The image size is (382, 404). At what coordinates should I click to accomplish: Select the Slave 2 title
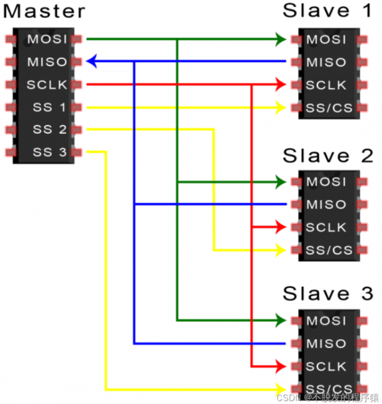tap(328, 156)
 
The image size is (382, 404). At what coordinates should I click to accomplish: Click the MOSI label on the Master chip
tap(47, 39)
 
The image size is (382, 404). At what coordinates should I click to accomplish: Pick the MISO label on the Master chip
tap(47, 62)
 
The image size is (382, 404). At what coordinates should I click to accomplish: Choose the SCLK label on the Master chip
tap(47, 85)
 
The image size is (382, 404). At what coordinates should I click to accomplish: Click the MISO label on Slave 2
tap(326, 204)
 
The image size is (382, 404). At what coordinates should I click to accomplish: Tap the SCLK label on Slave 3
tap(326, 366)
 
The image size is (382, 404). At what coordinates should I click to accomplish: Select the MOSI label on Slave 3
tap(326, 321)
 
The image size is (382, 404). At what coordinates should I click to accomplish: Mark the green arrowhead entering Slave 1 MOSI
tap(281, 39)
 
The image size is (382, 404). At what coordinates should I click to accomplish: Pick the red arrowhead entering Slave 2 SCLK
tap(281, 227)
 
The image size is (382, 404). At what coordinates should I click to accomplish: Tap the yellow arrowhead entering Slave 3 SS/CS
tap(281, 389)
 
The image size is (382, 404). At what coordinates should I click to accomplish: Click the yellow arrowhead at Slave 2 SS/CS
tap(281, 250)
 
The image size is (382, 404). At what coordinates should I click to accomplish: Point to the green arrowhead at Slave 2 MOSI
tap(281, 182)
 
